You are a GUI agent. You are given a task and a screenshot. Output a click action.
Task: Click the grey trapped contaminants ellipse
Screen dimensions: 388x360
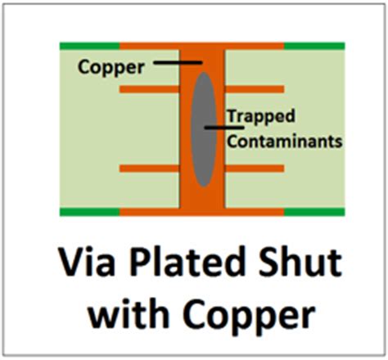point(204,129)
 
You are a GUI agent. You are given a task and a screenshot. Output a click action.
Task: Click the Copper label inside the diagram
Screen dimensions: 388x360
point(111,67)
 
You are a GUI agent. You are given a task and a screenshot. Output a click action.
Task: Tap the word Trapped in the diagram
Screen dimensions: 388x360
point(261,116)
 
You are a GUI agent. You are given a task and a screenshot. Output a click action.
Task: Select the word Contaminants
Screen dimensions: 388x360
point(285,142)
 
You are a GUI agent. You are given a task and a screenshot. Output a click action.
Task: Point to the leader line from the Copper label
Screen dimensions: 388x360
point(178,63)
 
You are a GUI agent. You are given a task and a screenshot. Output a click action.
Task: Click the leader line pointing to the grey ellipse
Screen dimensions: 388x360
point(224,128)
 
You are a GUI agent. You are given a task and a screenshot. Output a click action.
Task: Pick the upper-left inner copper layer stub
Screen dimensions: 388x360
point(149,89)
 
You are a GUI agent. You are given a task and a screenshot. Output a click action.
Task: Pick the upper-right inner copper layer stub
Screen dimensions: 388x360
point(255,89)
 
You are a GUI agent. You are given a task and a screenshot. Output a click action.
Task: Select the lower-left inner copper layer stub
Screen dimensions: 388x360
point(149,169)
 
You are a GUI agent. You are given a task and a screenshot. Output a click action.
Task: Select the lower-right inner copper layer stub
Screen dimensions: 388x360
point(255,169)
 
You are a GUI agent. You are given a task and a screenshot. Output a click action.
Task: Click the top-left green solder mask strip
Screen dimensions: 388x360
point(90,46)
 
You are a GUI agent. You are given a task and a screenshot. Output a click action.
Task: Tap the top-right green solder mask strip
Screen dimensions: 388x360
point(314,46)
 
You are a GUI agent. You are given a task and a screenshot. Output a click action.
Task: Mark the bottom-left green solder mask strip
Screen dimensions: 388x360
point(90,212)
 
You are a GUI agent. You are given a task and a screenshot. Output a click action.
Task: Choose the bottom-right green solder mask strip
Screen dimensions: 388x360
point(314,212)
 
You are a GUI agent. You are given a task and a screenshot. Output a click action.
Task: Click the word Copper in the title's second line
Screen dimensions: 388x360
point(250,317)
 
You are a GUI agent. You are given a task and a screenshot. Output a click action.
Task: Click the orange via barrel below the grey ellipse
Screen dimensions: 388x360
point(202,198)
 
